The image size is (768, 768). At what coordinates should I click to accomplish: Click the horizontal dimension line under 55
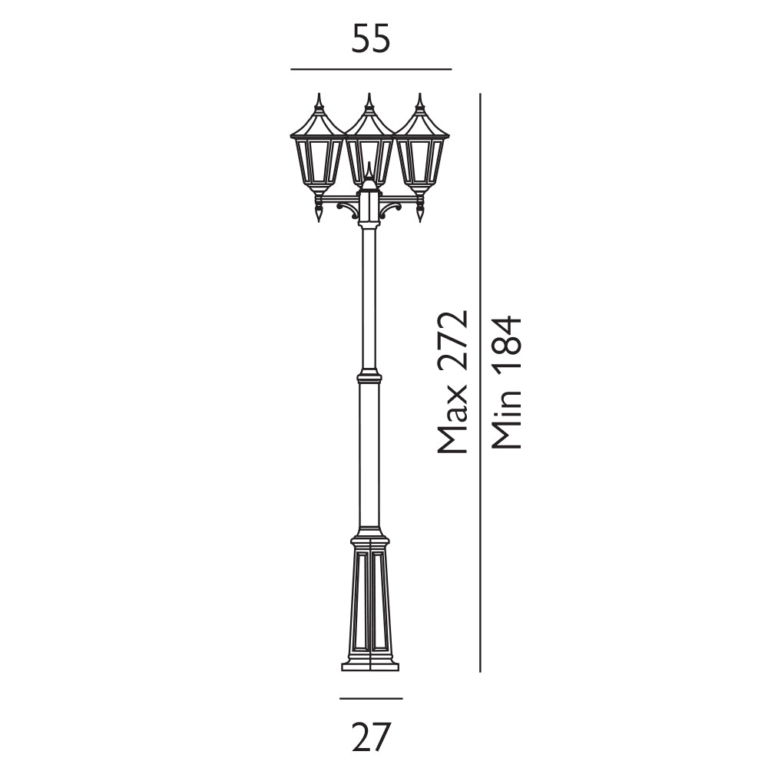click(x=371, y=70)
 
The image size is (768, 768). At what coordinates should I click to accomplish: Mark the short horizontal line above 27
click(x=371, y=698)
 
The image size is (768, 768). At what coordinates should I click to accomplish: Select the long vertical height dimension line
click(x=480, y=382)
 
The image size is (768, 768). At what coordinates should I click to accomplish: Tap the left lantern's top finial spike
click(x=319, y=101)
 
